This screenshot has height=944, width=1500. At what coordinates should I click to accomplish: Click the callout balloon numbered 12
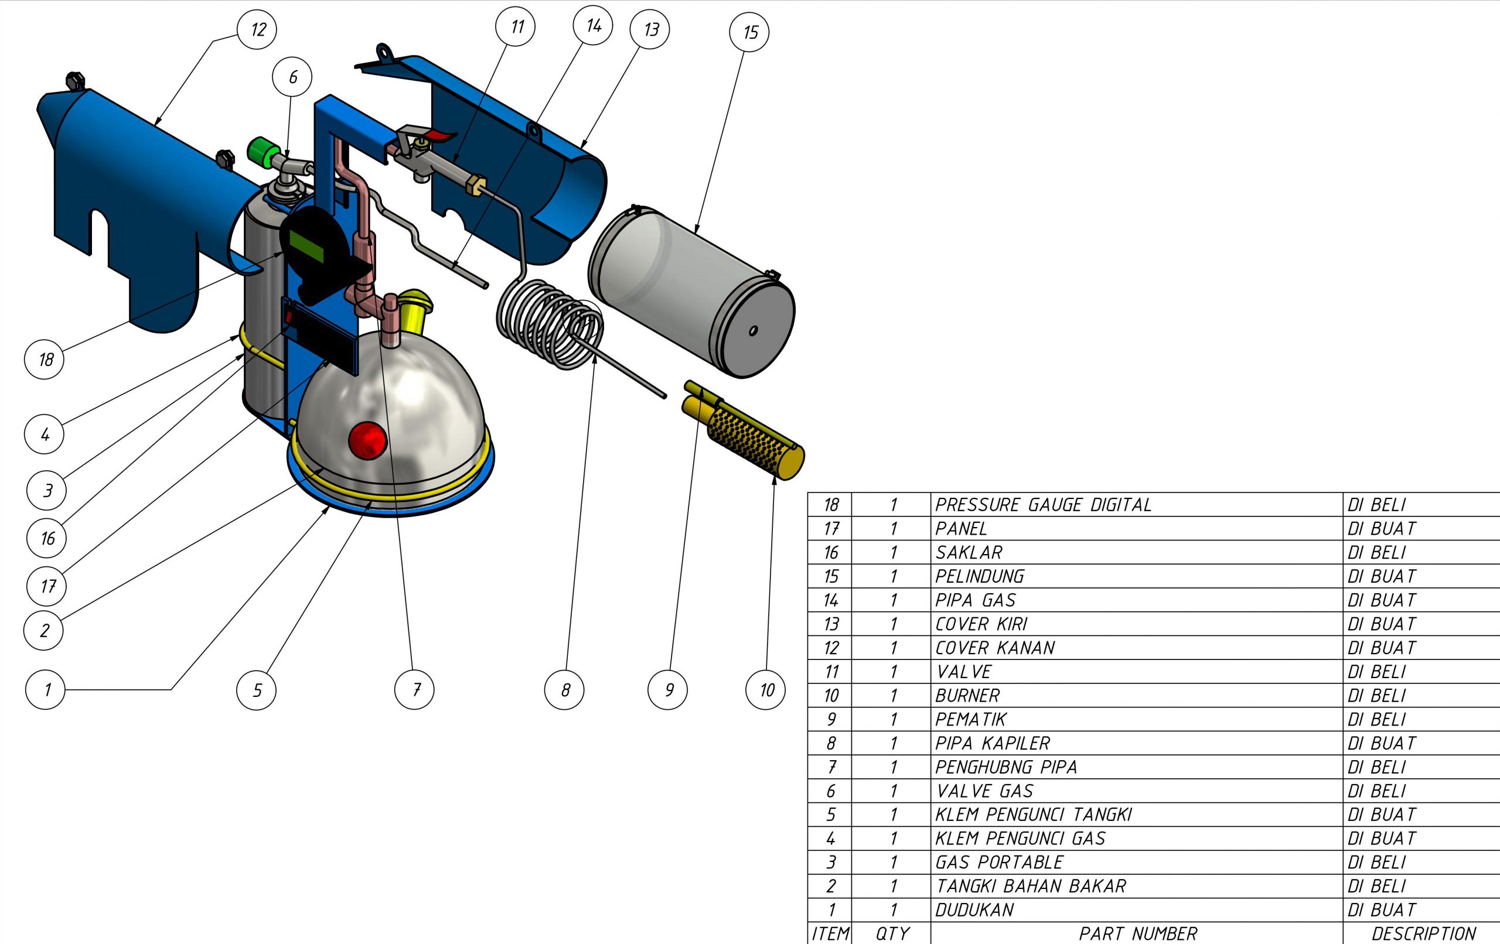[x=257, y=29]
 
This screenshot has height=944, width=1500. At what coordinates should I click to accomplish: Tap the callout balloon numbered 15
[x=749, y=32]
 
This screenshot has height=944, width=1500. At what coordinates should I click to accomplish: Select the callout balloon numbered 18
[x=44, y=360]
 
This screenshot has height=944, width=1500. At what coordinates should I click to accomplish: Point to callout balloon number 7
[x=415, y=689]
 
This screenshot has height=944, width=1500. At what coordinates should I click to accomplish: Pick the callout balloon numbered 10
[x=766, y=689]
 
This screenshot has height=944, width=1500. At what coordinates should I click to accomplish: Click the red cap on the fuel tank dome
[x=367, y=440]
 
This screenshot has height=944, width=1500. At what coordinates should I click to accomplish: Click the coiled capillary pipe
[x=548, y=324]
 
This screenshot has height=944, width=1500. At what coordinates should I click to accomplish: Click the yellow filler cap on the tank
[x=414, y=309]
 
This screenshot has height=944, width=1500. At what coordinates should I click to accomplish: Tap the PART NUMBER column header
[x=1137, y=933]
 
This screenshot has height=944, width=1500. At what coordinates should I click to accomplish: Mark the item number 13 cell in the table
[x=830, y=624]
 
